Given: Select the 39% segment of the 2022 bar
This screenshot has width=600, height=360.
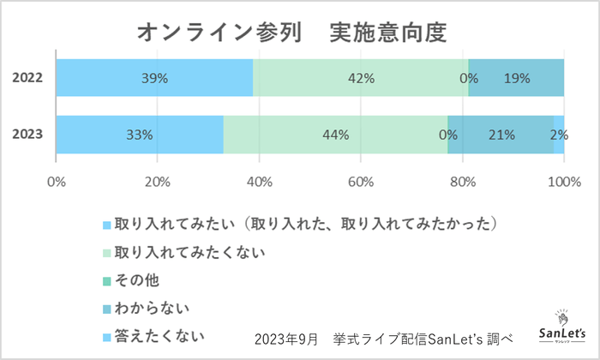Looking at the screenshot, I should (x=155, y=78).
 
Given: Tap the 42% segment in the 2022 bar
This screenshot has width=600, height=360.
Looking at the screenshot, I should (x=361, y=78).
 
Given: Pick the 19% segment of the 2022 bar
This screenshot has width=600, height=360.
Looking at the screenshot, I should (x=517, y=78).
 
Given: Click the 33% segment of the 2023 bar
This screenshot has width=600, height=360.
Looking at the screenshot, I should (x=139, y=135).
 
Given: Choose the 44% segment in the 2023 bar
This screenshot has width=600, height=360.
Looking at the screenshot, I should (x=335, y=135).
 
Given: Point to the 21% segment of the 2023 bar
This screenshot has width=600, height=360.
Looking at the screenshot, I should (x=501, y=135).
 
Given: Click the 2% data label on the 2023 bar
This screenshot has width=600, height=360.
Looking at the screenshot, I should (x=559, y=135).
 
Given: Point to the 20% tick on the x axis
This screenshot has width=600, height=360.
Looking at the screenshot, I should (x=158, y=182).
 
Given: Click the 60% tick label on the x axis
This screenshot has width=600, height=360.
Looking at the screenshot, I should (x=361, y=182).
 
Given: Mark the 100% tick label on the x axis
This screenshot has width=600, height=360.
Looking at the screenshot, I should (x=562, y=182).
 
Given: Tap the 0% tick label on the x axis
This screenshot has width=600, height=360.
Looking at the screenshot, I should (x=57, y=182).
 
